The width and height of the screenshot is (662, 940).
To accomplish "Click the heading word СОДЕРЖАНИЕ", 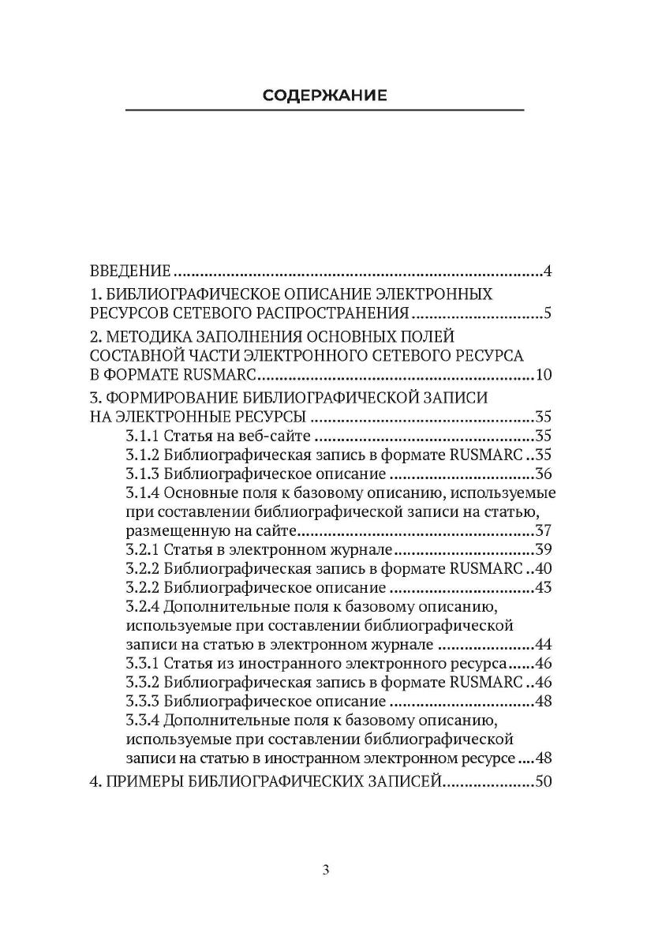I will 324,96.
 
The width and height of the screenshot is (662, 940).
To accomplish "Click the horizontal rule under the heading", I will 324,110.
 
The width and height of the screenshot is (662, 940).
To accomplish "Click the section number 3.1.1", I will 142,436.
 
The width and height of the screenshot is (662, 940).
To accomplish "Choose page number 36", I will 543,474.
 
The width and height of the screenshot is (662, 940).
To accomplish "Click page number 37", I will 543,532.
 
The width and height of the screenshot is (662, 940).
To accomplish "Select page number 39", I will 543,550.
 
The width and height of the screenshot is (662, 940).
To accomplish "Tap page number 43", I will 543,589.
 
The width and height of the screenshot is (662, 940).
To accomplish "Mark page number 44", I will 543,646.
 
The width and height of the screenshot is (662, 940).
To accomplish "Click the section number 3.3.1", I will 142,665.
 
